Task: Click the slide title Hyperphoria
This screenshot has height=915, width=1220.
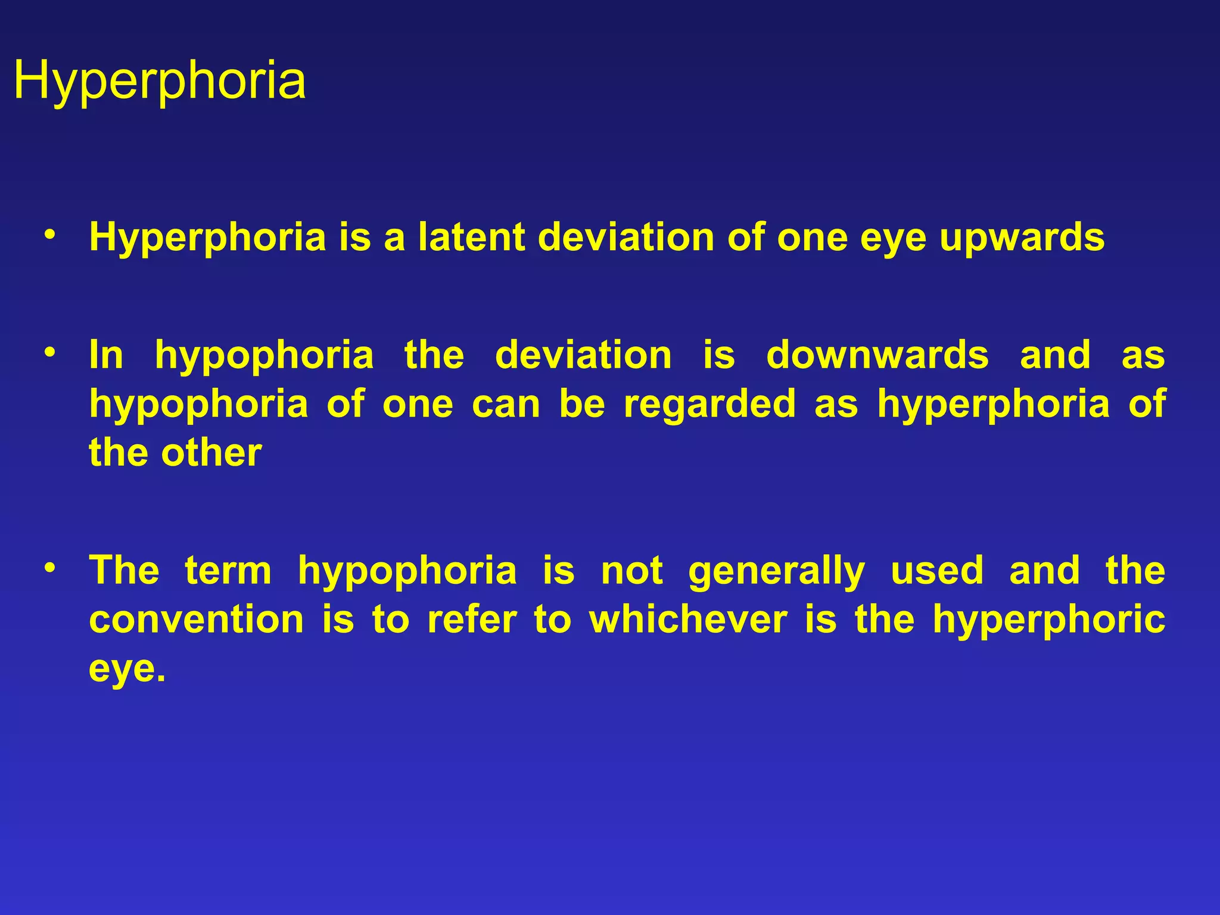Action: pyautogui.click(x=159, y=80)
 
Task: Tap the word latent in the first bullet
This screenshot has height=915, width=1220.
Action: pyautogui.click(x=471, y=237)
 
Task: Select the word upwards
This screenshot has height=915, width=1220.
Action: pyautogui.click(x=1022, y=237)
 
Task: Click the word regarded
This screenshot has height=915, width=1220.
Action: pyautogui.click(x=709, y=403)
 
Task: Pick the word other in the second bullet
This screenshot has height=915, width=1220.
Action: pyautogui.click(x=211, y=452)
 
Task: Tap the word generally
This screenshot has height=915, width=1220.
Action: pyautogui.click(x=776, y=570)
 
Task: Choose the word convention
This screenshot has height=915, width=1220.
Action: pyautogui.click(x=197, y=619)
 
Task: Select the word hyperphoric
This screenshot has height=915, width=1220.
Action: pyautogui.click(x=1048, y=619)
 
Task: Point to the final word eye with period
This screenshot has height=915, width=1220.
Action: pyautogui.click(x=126, y=668)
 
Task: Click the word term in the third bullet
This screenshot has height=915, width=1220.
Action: pyautogui.click(x=228, y=570)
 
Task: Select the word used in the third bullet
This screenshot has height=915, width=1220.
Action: pyautogui.click(x=937, y=570)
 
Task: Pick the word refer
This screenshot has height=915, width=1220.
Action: pyautogui.click(x=472, y=619)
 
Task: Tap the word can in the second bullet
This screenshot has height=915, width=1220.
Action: pyautogui.click(x=506, y=403)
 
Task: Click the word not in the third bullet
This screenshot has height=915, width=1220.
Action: pyautogui.click(x=631, y=570)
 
